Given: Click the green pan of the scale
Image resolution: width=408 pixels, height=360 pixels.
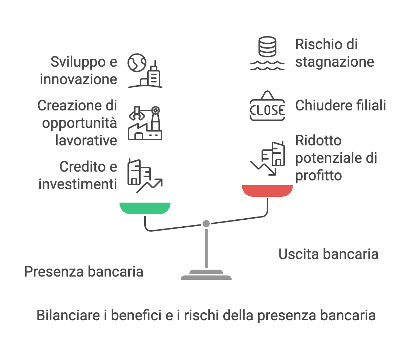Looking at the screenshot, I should (145, 208).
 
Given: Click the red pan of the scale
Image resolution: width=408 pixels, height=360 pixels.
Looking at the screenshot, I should (267, 190).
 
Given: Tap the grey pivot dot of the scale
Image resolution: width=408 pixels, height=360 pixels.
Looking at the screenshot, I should (206, 224).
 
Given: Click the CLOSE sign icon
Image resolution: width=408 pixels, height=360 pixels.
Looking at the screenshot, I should (267, 106).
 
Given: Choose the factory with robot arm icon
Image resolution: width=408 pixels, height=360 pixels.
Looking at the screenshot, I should (145, 123).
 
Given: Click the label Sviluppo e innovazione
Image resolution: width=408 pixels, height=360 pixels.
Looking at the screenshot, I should (79, 71).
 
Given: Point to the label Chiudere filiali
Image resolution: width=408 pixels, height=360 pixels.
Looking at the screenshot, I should (341, 106).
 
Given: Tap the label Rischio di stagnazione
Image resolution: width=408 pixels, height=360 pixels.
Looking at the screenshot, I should (334, 53).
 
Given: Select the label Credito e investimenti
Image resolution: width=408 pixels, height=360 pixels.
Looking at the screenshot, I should (78, 176).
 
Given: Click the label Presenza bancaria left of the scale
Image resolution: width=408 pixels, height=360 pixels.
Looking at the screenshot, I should (83, 272).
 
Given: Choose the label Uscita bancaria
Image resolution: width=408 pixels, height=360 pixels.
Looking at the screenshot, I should (328, 254).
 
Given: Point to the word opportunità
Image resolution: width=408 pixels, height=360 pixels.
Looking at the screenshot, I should (79, 123).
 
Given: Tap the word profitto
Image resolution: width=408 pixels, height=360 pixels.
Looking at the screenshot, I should (318, 176).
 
